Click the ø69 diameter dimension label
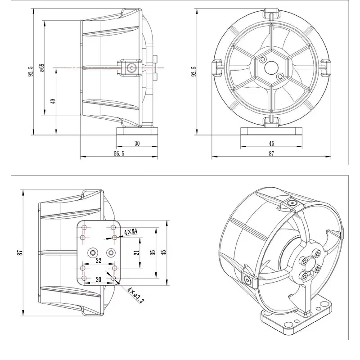click(x=41, y=67)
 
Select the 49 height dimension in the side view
click(x=53, y=101)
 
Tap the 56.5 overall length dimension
click(x=119, y=153)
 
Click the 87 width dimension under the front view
click(x=271, y=153)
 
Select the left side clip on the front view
click(x=217, y=67)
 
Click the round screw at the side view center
click(x=131, y=67)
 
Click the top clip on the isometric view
click(x=290, y=205)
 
